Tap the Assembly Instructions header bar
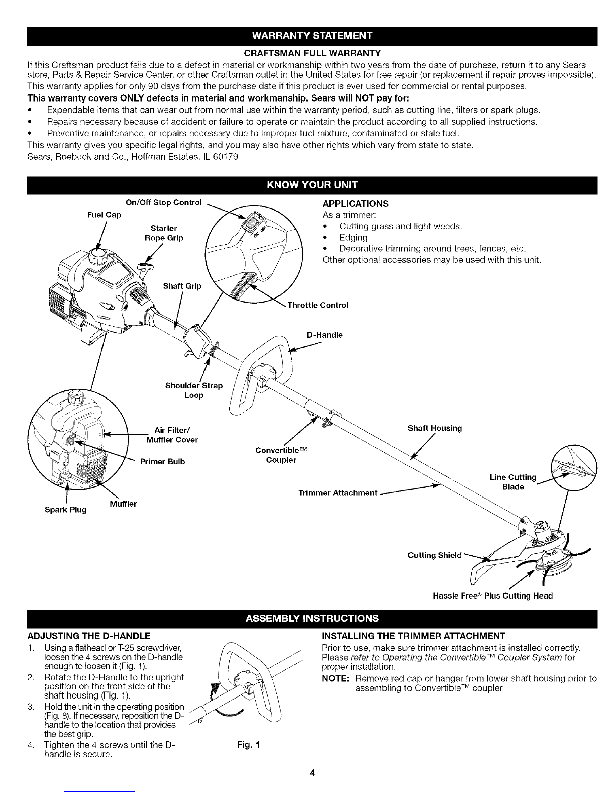point(307,617)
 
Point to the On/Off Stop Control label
point(163,203)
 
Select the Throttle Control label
point(318,305)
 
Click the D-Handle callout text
point(325,335)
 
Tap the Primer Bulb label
point(162,461)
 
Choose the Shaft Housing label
point(435,428)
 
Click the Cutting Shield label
point(434,555)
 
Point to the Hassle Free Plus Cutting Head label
point(492,595)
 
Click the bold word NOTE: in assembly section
point(336,679)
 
